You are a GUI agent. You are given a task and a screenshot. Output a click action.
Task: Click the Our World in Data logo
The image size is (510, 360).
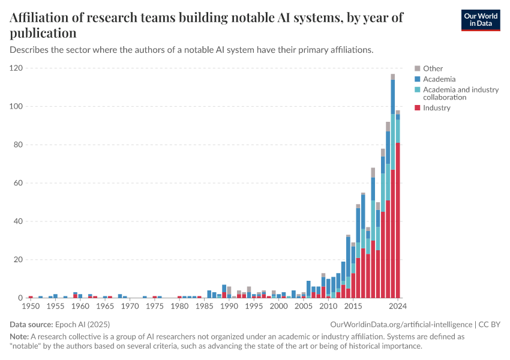tap(480, 20)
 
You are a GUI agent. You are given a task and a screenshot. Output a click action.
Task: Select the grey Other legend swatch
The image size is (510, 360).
tap(417, 68)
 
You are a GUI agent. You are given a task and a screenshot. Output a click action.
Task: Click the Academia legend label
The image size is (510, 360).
tap(439, 79)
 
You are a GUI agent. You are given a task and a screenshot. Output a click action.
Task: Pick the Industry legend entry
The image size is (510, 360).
tap(436, 108)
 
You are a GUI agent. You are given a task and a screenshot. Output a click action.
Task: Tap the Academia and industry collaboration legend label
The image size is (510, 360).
tap(460, 93)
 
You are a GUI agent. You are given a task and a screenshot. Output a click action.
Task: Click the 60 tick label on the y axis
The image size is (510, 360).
tap(18, 183)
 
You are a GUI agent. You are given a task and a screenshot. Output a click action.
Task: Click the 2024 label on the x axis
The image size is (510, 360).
tap(397, 307)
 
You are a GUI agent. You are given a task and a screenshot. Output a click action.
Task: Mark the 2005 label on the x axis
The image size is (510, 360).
tap(304, 307)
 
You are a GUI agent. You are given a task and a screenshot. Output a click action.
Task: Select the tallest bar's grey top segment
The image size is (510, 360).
tap(392, 77)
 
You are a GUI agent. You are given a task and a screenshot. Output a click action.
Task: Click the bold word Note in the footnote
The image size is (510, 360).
tap(19, 337)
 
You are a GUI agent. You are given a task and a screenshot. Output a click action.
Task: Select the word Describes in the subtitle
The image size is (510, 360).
tap(30, 50)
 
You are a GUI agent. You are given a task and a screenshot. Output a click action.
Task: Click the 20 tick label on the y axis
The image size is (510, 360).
tap(18, 260)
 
